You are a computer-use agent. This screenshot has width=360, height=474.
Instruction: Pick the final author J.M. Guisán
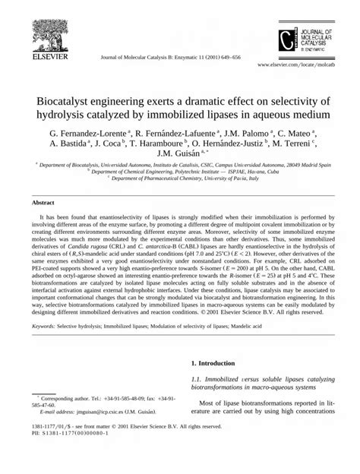pos(176,155)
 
